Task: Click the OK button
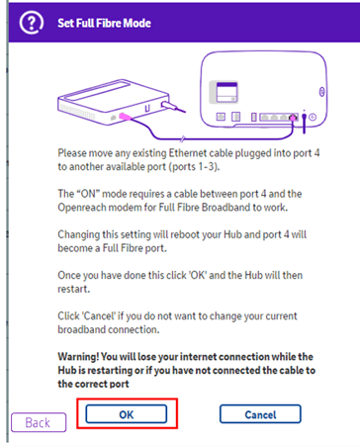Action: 127,414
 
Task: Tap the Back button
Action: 39,422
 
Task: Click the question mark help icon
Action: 32,23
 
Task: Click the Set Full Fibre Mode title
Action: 104,23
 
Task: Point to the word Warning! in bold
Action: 78,357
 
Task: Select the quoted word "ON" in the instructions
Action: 88,194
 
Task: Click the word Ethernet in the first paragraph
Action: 188,153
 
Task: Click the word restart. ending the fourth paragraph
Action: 74,289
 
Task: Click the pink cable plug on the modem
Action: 125,116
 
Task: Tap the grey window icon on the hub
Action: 225,92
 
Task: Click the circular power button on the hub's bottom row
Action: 313,117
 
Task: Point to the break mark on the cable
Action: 182,139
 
